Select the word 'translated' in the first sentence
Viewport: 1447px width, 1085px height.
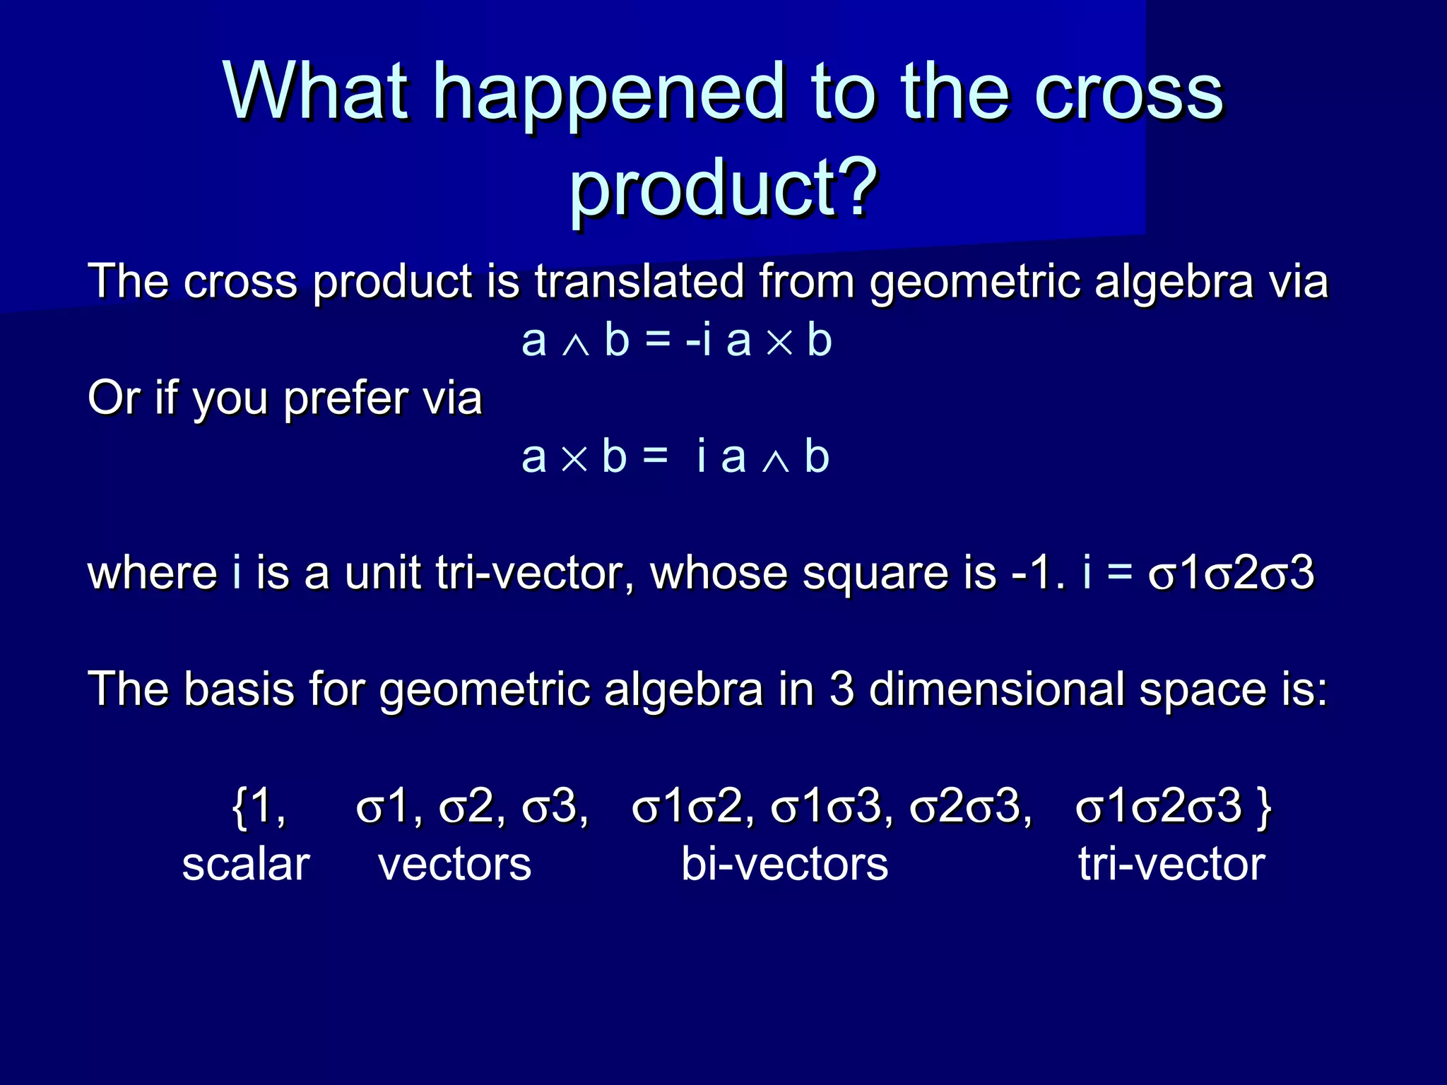pos(639,281)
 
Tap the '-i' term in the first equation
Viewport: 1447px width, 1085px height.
pos(698,340)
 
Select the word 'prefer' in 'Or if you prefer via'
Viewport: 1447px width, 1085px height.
pos(345,398)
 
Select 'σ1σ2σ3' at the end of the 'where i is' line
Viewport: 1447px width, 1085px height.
pos(1231,573)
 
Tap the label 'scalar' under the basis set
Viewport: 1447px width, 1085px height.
pos(246,864)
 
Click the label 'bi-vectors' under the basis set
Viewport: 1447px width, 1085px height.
pos(784,864)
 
